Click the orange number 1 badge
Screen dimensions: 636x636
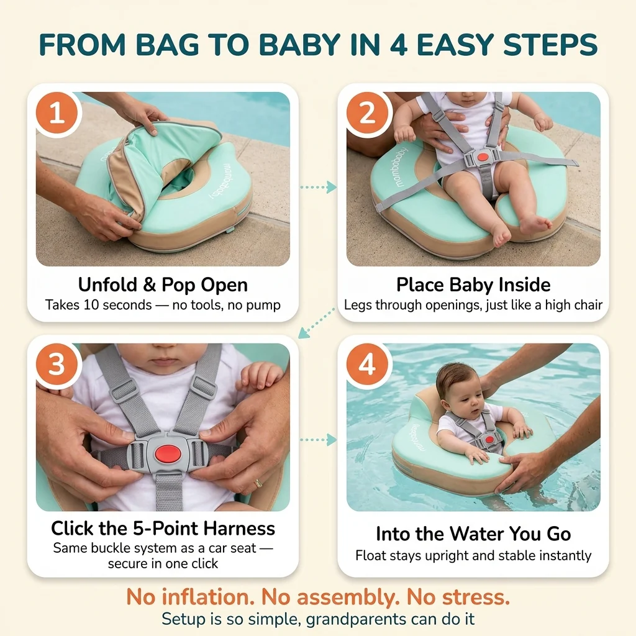(x=57, y=113)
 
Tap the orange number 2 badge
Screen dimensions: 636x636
(x=367, y=113)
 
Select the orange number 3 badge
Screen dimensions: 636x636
(x=57, y=364)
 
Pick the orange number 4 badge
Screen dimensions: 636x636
(x=367, y=364)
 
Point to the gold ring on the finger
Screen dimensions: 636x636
(x=258, y=483)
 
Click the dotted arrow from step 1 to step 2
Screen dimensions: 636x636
(x=319, y=187)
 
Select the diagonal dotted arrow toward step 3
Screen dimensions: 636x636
(x=316, y=323)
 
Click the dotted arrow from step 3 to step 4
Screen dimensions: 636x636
(x=319, y=440)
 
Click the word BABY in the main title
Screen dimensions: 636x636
(x=299, y=44)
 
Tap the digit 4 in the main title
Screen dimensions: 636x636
(x=398, y=44)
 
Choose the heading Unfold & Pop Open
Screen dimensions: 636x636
(x=163, y=284)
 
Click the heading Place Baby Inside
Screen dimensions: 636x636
(x=473, y=284)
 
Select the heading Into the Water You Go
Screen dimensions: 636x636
(x=473, y=534)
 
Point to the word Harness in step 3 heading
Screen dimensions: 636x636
(x=239, y=528)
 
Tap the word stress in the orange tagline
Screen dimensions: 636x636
(x=475, y=597)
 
